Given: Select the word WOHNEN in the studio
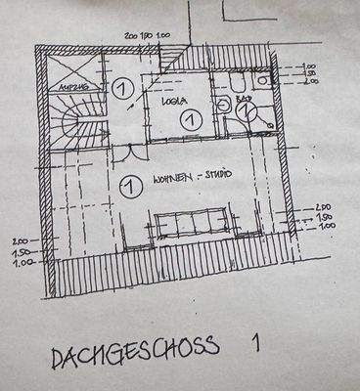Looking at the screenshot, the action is (x=173, y=180).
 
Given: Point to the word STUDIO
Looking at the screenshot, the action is (x=216, y=176).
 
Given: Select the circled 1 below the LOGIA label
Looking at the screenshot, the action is (x=191, y=118).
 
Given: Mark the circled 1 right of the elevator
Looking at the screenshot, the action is (x=123, y=87).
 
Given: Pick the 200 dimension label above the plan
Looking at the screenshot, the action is (x=132, y=34).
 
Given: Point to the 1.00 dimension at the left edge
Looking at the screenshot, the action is (x=22, y=262).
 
